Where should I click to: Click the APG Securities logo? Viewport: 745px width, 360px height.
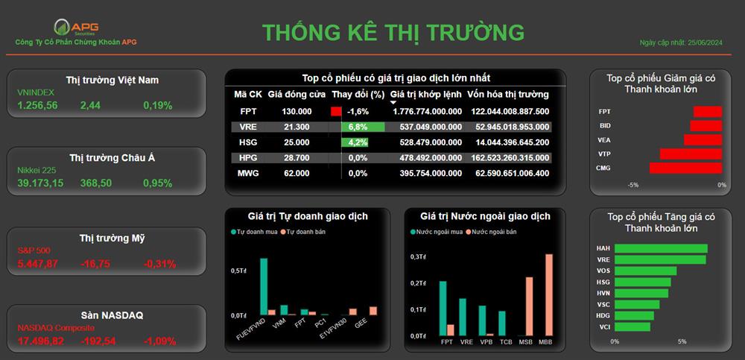tap(76, 27)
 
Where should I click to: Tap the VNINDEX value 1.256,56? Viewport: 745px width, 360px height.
tap(37, 106)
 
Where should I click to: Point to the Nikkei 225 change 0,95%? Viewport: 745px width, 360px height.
tap(158, 183)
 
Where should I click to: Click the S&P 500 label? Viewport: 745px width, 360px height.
tap(34, 250)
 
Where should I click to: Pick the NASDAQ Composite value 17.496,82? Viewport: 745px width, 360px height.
tap(41, 341)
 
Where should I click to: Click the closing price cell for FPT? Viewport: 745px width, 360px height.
tap(297, 112)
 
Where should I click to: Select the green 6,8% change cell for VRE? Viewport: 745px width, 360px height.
tap(363, 127)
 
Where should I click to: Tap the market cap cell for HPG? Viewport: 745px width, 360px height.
tap(510, 158)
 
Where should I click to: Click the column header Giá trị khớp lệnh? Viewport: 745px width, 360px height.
tap(425, 94)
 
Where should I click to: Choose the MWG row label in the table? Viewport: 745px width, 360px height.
tap(248, 174)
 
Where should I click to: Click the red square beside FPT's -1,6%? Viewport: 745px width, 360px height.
tap(337, 112)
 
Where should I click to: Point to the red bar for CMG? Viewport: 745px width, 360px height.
tap(685, 168)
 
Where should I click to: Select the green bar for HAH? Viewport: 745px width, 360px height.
tap(661, 249)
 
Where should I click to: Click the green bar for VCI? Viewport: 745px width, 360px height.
tap(633, 326)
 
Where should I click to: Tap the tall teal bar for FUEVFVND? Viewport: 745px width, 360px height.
tap(264, 287)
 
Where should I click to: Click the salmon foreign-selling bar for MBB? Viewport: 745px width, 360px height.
tap(549, 295)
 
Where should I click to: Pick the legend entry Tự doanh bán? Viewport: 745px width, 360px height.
tap(306, 232)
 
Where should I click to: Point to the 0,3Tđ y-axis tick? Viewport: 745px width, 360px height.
tap(416, 257)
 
